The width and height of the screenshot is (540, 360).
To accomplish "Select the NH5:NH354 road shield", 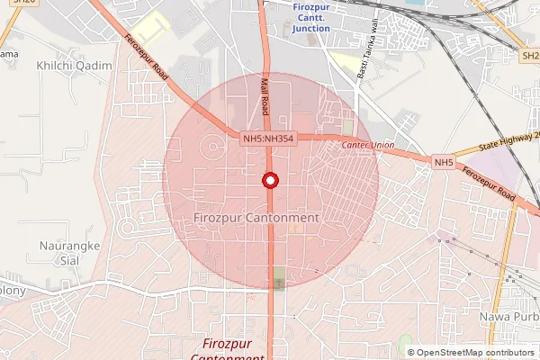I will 268,138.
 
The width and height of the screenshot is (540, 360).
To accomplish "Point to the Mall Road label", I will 265,96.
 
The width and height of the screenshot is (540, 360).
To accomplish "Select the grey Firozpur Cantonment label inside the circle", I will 256,219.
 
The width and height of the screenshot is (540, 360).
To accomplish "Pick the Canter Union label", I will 368,145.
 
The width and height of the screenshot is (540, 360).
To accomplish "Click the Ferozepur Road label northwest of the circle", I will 148,56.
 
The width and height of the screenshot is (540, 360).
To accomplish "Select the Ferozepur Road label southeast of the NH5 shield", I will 490,183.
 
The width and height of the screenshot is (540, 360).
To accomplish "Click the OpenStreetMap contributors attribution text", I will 470,352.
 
